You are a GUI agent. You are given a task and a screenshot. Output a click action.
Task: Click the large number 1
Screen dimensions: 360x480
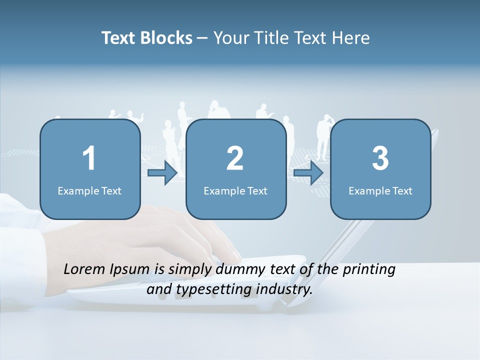tap(89, 158)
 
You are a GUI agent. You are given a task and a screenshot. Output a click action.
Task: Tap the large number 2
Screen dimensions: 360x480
tap(235, 158)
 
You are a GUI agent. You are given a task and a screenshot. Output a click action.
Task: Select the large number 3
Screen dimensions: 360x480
tap(380, 158)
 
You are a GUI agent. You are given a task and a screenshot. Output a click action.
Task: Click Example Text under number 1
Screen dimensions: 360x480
tap(89, 190)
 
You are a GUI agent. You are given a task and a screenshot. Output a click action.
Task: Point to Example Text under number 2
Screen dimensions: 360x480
tap(235, 190)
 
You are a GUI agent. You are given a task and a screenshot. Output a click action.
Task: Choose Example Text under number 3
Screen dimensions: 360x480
tap(380, 190)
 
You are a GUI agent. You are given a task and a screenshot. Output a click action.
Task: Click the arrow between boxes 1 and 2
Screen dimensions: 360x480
tap(162, 173)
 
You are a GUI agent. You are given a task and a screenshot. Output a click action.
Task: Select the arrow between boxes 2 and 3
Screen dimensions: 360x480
tap(308, 173)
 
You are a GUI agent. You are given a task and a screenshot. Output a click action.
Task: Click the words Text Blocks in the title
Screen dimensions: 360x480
tap(147, 38)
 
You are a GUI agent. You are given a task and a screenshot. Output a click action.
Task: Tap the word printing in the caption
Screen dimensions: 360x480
tap(369, 270)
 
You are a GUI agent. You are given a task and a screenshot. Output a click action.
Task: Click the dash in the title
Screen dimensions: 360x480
tap(202, 38)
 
